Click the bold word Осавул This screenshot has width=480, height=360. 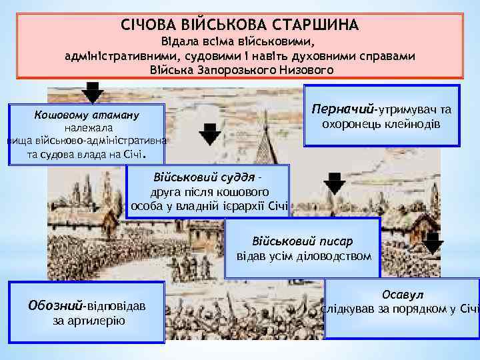tap(401, 294)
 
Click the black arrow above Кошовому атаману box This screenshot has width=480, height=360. tap(93, 92)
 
